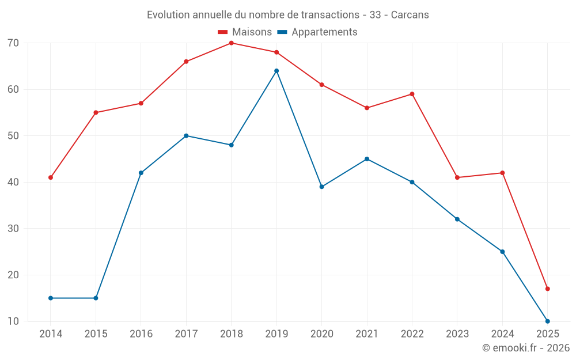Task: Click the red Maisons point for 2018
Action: [231, 43]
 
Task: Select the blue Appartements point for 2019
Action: [276, 71]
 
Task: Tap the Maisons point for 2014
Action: [51, 177]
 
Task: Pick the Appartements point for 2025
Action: [547, 321]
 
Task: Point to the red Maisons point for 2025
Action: [547, 289]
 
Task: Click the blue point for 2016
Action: [141, 173]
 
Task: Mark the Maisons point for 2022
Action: [412, 94]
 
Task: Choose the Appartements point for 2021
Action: [367, 159]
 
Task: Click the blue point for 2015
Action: [96, 298]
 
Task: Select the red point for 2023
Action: [457, 177]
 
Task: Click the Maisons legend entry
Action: [245, 32]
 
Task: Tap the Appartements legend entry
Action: [317, 32]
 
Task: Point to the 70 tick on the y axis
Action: [13, 43]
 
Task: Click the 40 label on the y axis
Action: [13, 182]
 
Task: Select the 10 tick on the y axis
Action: [13, 321]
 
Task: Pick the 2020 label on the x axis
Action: [321, 334]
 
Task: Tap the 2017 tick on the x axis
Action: [186, 334]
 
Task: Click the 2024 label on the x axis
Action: [502, 334]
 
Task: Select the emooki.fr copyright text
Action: [526, 348]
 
